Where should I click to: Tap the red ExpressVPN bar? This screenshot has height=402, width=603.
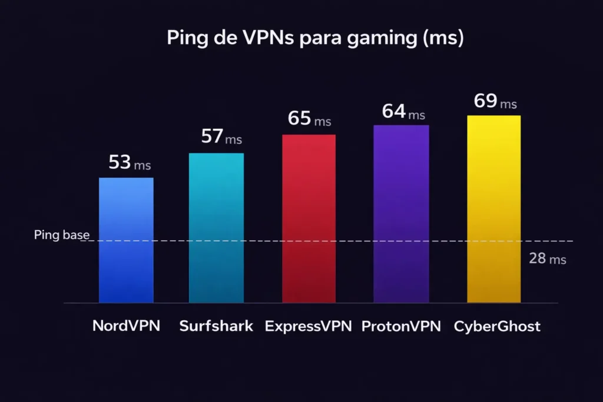(309, 218)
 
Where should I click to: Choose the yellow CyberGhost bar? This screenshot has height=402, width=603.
(493, 209)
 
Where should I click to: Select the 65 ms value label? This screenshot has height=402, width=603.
(309, 118)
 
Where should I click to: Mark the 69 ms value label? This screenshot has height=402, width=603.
(495, 101)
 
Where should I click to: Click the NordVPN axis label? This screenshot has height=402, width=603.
(126, 326)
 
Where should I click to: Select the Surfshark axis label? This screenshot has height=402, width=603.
(216, 326)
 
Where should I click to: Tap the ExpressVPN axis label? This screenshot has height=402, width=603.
(308, 326)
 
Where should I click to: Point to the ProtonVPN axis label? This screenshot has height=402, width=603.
(401, 326)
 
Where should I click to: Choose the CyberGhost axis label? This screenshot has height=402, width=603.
(497, 326)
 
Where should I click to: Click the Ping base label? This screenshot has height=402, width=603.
(62, 235)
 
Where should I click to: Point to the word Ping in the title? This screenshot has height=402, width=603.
(184, 39)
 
